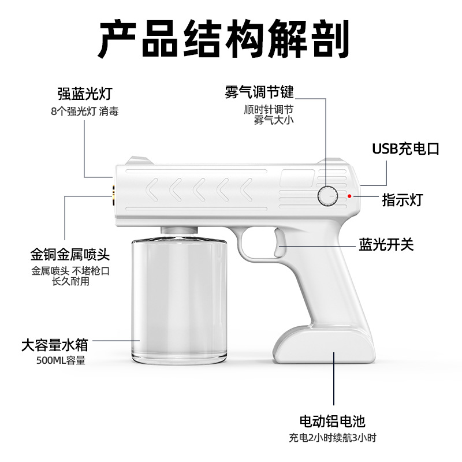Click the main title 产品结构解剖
224,39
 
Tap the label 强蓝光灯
85,94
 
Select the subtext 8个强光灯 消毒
85,111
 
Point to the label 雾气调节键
259,92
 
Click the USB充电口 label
406,149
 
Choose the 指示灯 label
403,200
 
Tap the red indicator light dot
349,196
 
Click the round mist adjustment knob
327,196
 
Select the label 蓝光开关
386,244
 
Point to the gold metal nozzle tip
113,195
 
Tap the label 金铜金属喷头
70,255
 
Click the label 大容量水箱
55,345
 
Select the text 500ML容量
61,360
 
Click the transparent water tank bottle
179,300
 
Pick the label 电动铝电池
333,422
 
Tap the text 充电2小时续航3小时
333,438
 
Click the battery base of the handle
324,345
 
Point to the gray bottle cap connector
179,230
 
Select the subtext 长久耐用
70,281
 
